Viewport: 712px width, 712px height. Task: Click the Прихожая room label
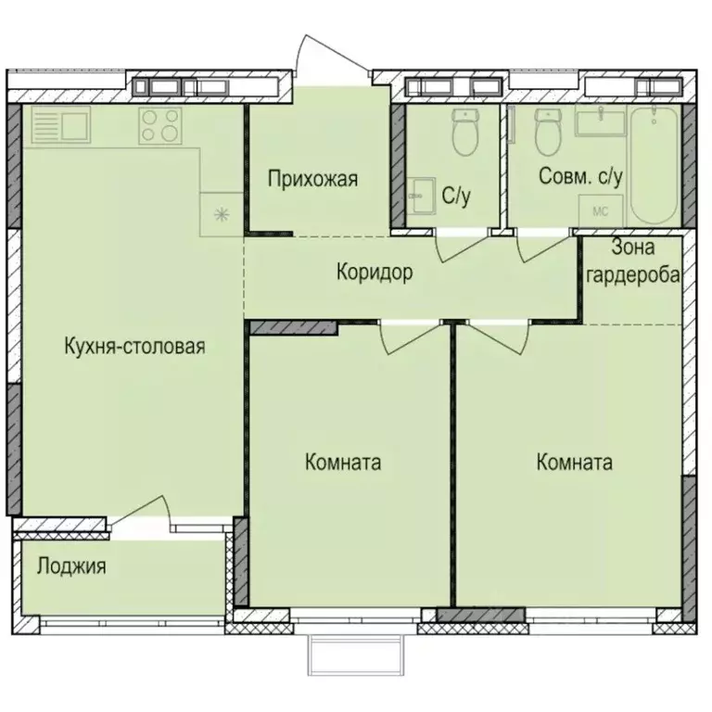[312, 179]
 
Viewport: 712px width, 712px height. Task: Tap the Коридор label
[374, 273]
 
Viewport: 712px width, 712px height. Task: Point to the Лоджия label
[71, 566]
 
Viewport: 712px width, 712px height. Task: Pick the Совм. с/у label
[580, 176]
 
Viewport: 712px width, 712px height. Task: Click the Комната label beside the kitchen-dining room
[343, 463]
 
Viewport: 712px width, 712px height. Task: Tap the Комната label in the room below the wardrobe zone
[574, 463]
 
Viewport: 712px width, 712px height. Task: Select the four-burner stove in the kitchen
[159, 125]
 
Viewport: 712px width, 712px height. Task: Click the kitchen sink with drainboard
[58, 125]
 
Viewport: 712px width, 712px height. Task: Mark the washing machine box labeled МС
[599, 210]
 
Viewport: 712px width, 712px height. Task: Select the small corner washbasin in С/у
[423, 195]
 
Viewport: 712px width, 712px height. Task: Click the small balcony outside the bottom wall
[358, 656]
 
